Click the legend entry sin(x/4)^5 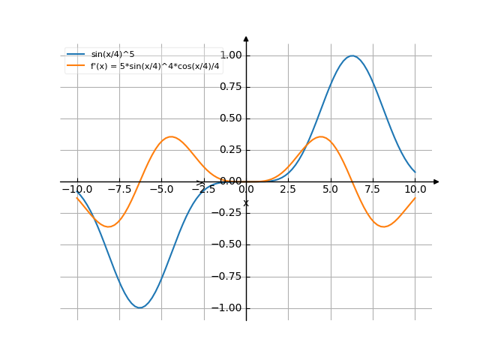(112, 54)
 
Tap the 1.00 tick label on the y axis (231, 55)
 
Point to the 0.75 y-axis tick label (231, 87)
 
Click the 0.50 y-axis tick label (231, 118)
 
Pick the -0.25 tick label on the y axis (229, 213)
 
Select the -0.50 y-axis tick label (229, 244)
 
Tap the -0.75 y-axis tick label (229, 276)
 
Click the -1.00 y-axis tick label (229, 307)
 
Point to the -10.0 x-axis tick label (76, 190)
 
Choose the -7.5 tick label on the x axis (119, 190)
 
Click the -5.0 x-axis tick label (161, 190)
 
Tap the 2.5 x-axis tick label (288, 190)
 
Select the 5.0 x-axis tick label (330, 190)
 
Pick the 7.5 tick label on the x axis (373, 190)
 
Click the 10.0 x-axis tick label (415, 190)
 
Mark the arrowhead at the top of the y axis (246, 38)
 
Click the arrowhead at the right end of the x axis (436, 181)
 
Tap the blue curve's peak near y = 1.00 (352, 55)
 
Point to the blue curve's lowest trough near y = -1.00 (139, 307)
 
